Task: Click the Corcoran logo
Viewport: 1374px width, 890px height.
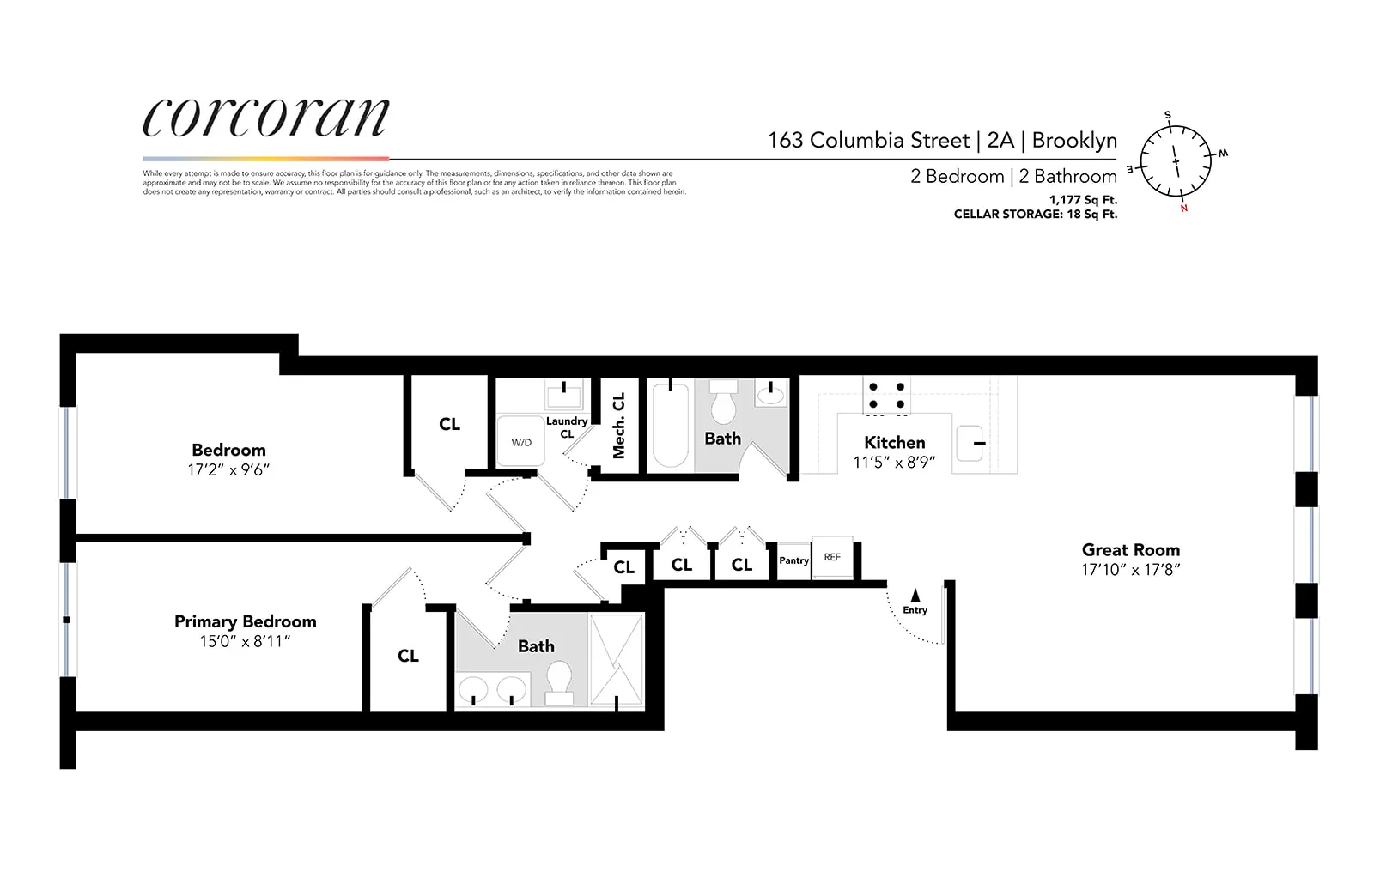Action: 265,118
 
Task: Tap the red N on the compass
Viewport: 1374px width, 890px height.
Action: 1183,209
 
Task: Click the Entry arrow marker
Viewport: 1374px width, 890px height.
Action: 915,595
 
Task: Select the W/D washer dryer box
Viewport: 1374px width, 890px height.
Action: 521,442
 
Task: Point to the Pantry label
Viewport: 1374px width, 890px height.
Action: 793,560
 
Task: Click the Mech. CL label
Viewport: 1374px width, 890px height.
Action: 618,426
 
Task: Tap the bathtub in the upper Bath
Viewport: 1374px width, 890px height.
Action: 671,426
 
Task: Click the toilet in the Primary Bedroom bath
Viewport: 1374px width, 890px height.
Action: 559,681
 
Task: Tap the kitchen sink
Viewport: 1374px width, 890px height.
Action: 971,443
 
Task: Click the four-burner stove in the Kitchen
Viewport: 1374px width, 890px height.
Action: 886,396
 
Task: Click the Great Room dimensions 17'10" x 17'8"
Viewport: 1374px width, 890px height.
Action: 1130,570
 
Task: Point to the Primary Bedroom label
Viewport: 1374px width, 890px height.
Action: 245,621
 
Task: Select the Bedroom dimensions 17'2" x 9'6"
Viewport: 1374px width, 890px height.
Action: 228,470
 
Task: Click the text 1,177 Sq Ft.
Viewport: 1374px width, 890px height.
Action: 1083,200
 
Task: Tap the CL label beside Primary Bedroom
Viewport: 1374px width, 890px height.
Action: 408,656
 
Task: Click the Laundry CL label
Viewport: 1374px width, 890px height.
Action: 567,427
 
